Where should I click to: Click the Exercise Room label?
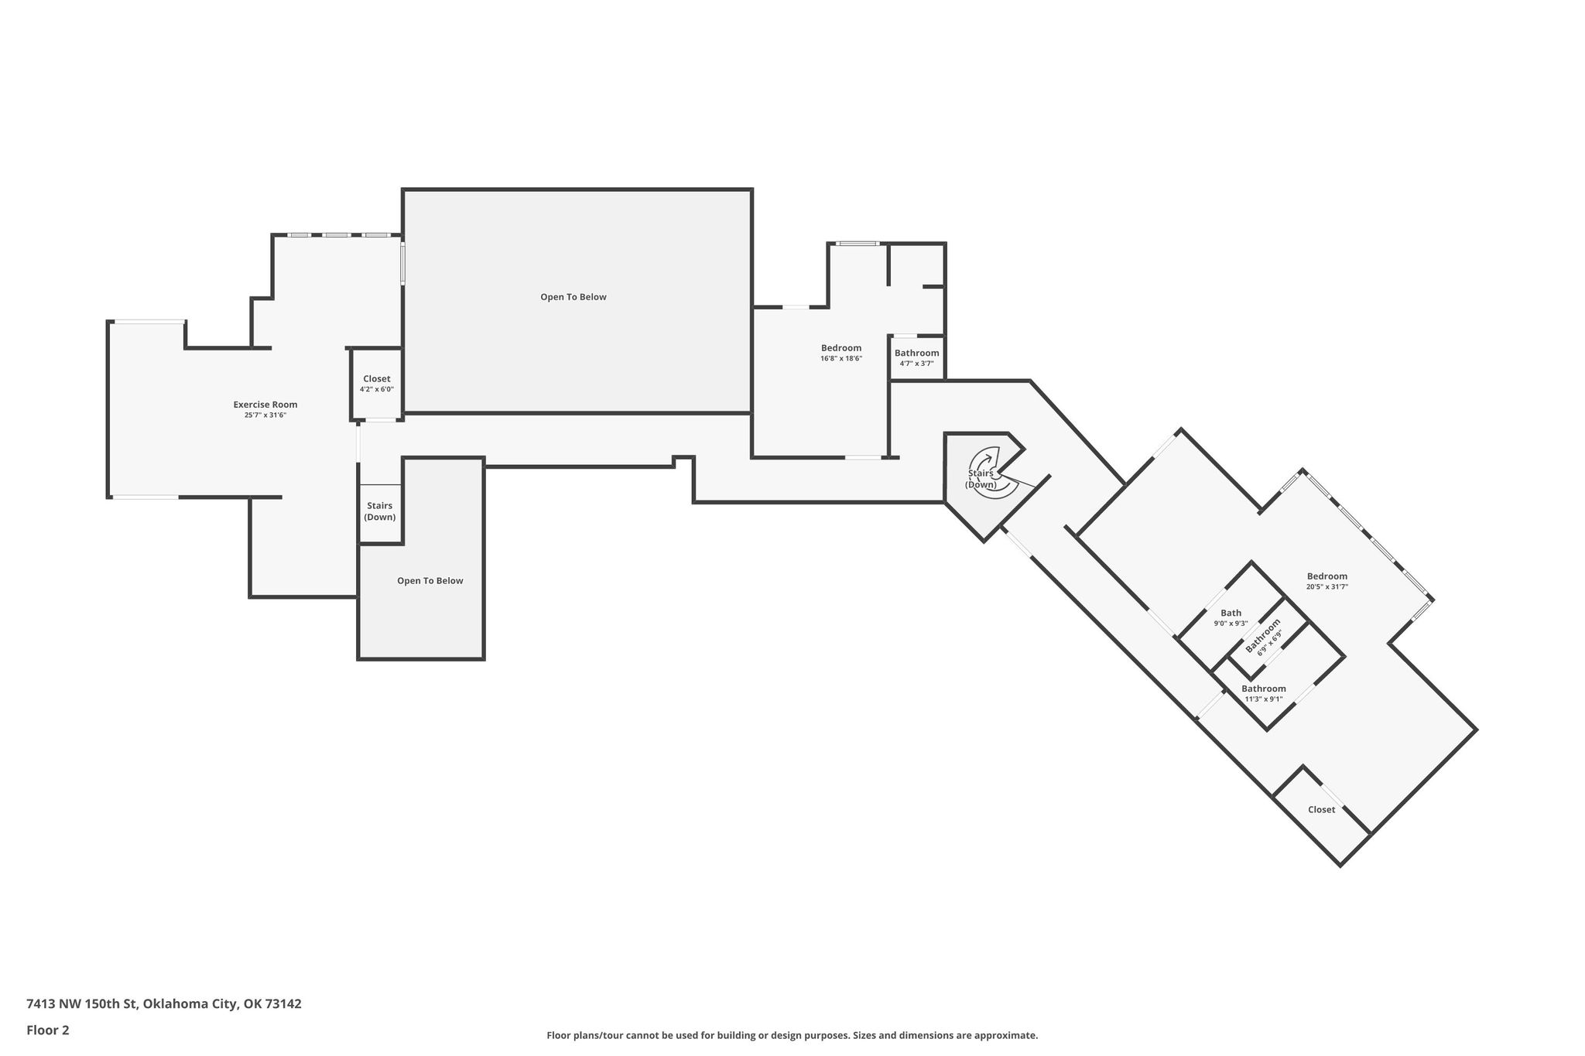coord(265,405)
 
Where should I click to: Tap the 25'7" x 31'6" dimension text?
coord(265,415)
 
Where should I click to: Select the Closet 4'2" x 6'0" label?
coord(377,384)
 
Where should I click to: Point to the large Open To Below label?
coord(573,297)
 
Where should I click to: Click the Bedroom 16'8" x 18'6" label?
coord(841,353)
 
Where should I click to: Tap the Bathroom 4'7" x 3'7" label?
coord(917,357)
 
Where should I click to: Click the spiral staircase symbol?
coord(994,473)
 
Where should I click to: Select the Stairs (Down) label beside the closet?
coord(380,511)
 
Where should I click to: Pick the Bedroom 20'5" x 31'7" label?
coord(1327,581)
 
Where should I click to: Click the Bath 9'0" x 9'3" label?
coord(1231,617)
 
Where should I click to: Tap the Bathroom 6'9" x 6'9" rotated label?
coord(1264,637)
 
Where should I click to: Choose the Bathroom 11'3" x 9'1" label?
coord(1264,693)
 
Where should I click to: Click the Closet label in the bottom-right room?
coord(1322,810)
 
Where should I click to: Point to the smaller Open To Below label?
coord(430,581)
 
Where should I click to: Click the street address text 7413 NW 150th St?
coord(81,1004)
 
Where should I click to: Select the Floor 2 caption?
coord(48,1030)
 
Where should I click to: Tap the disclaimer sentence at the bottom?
coord(792,1035)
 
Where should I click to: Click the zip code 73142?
coord(283,1004)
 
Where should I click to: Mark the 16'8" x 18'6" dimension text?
coord(841,359)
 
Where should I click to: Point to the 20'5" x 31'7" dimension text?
coord(1327,587)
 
